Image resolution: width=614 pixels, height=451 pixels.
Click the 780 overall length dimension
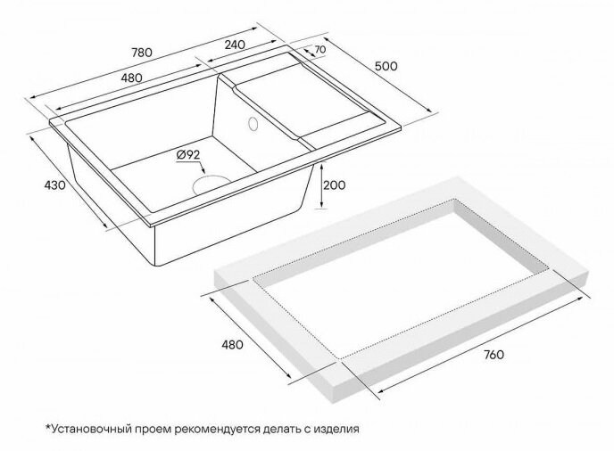click(x=141, y=53)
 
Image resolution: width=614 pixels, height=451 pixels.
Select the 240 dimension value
click(x=235, y=45)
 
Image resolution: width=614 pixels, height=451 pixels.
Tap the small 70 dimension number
click(x=319, y=50)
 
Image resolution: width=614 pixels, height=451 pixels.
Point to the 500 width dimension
click(x=386, y=67)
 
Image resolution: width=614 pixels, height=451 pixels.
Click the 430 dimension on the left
click(x=54, y=185)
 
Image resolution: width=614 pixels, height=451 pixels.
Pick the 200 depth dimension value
click(x=335, y=185)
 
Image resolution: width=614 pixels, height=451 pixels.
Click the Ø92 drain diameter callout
click(x=188, y=155)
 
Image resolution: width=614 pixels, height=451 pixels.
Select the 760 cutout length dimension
click(x=494, y=355)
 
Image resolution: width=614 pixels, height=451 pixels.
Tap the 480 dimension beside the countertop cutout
click(x=232, y=345)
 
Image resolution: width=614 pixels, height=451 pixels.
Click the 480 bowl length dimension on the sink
click(x=131, y=78)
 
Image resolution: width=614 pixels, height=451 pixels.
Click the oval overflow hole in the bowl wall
click(x=253, y=123)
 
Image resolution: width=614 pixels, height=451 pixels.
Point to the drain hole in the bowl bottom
click(x=212, y=184)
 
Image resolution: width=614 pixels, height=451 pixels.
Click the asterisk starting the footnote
click(x=48, y=427)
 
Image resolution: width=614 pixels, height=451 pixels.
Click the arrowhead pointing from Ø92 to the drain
click(x=203, y=171)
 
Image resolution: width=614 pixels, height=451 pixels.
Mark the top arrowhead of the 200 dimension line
click(x=321, y=167)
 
